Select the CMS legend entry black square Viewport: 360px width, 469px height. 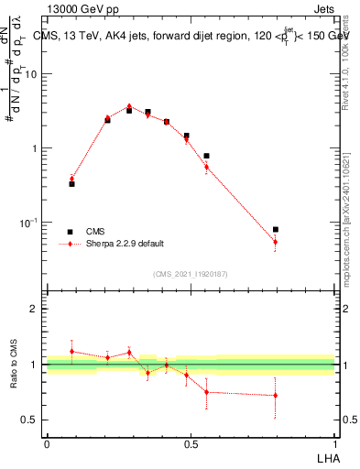[70, 232]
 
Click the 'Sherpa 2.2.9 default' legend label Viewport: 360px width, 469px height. [125, 244]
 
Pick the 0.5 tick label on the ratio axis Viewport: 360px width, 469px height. [31, 420]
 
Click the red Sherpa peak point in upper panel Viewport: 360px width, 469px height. [129, 106]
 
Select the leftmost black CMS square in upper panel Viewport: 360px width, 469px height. [71, 184]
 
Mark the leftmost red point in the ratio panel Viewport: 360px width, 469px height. [71, 351]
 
